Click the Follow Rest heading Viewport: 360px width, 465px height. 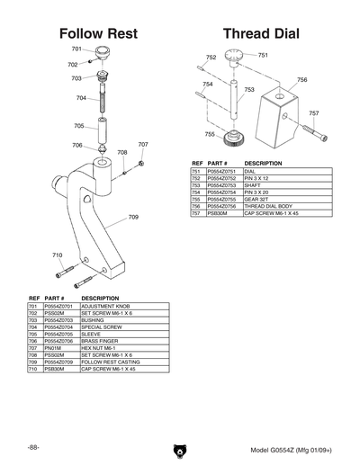pos(98,33)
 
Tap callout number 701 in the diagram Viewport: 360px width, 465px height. pos(76,49)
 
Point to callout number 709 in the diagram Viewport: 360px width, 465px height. pos(133,217)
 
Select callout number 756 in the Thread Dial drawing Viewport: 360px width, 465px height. pos(301,80)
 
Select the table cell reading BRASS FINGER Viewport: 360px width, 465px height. pos(100,341)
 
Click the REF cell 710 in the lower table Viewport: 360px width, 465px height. pos(32,368)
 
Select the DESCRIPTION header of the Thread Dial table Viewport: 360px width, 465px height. pos(263,163)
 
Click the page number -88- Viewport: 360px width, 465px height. pos(32,448)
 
